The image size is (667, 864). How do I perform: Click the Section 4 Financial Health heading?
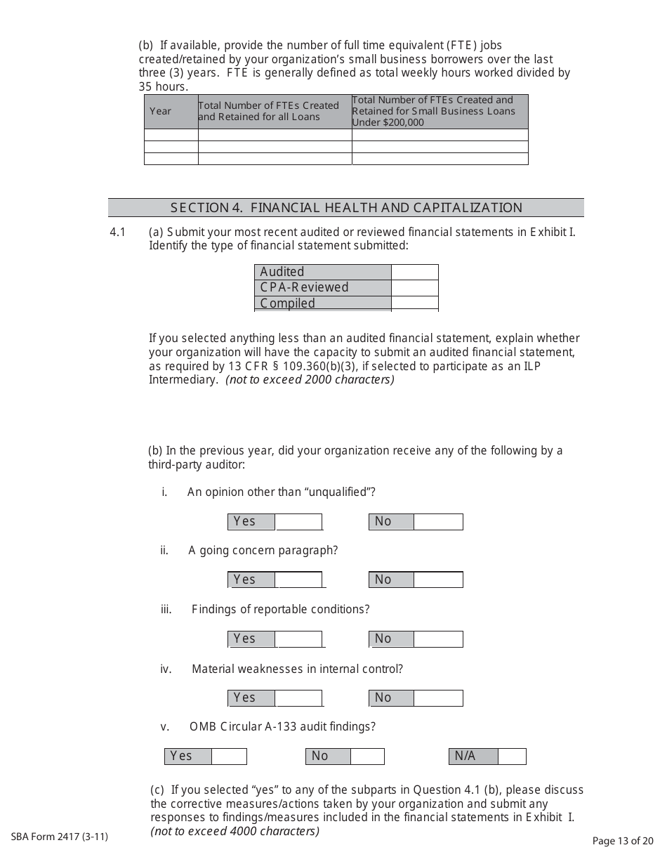(345, 208)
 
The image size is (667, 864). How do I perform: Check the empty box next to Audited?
(414, 272)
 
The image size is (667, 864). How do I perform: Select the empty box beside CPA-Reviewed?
(414, 287)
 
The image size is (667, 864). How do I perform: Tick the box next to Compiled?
(414, 303)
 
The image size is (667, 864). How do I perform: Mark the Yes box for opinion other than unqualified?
(298, 522)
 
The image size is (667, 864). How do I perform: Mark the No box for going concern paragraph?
(437, 580)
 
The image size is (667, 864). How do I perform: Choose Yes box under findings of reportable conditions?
(298, 639)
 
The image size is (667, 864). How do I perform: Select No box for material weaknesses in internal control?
(437, 698)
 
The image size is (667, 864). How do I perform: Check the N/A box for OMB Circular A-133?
(512, 757)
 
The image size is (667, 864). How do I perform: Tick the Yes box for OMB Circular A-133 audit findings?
(229, 757)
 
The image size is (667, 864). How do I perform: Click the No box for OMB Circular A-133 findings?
(366, 757)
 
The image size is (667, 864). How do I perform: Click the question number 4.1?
(117, 232)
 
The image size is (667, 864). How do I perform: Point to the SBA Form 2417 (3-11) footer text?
(60, 837)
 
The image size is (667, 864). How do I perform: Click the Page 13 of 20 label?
(623, 841)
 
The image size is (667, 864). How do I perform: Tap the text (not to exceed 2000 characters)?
(310, 380)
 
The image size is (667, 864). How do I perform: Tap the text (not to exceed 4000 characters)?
(235, 832)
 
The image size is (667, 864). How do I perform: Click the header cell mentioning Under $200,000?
(440, 111)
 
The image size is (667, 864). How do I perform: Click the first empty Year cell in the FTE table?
(171, 135)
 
